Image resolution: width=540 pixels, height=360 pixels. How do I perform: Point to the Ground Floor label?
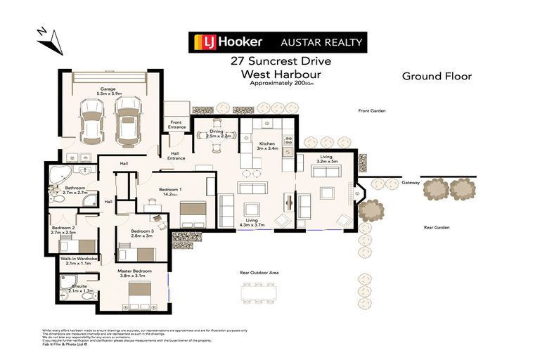(436, 76)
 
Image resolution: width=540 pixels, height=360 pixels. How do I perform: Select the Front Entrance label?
(177, 124)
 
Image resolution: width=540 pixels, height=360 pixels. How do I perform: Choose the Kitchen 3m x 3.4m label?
(268, 146)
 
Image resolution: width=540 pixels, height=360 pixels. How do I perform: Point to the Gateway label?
(411, 183)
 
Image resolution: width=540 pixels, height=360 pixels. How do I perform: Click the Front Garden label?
(372, 111)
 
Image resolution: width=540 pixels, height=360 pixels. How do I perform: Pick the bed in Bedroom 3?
(146, 254)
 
